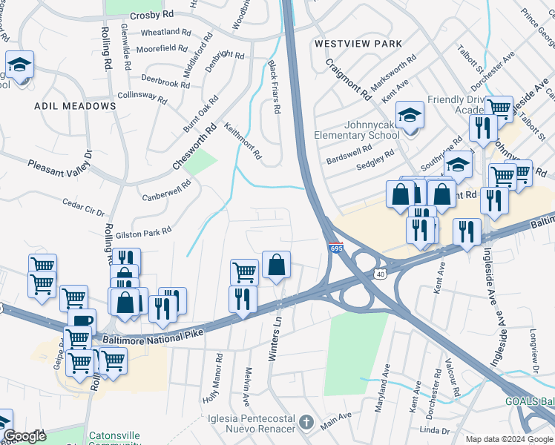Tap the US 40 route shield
(x=381, y=275)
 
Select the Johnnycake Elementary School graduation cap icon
(x=410, y=116)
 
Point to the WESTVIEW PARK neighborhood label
(x=358, y=44)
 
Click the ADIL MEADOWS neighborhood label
(x=75, y=106)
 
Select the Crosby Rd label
(x=151, y=14)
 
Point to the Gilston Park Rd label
(x=143, y=234)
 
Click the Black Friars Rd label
(x=274, y=87)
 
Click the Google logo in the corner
(x=24, y=436)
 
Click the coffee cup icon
(x=82, y=321)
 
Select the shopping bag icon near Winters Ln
(x=276, y=265)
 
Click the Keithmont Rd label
(x=243, y=142)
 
